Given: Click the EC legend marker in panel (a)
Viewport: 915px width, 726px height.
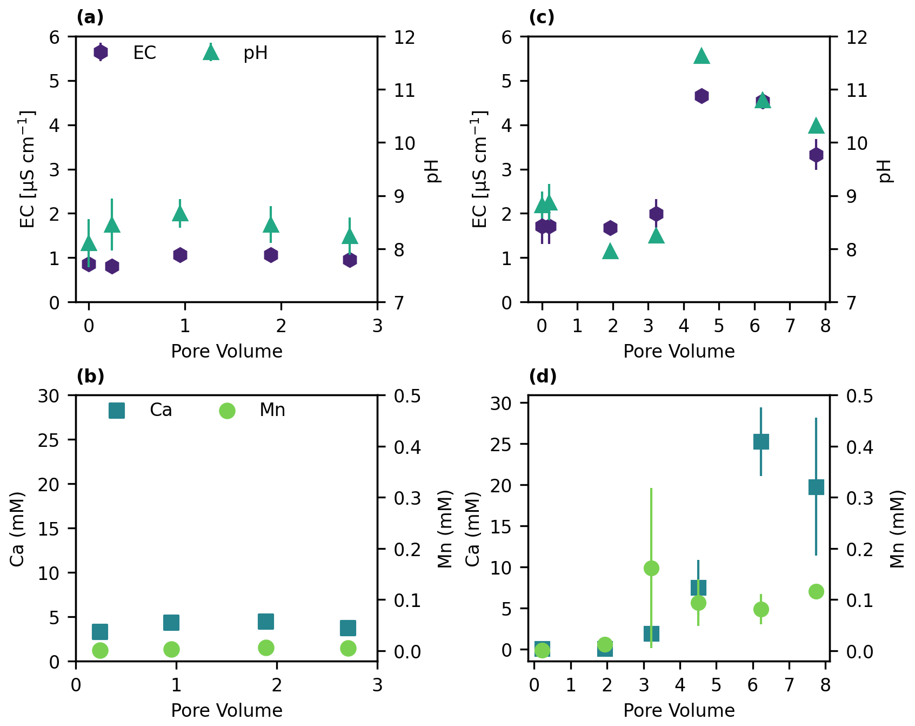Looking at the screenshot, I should (101, 52).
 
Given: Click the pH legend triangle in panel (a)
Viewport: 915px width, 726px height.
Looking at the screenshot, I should (211, 52).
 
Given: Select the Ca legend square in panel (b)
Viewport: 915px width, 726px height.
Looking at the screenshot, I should (117, 411).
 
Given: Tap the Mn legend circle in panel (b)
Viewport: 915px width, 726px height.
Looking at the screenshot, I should (227, 411).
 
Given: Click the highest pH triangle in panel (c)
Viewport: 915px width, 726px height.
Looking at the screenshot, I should (702, 56).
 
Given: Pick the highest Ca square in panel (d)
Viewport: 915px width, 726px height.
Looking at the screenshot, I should (761, 442).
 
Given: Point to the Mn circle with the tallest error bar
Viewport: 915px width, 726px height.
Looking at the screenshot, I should (651, 568).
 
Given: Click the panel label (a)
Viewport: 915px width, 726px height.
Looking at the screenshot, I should (90, 17).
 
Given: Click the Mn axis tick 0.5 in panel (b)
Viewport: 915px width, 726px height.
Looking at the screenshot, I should (408, 396).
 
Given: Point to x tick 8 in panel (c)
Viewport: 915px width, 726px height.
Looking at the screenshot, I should (825, 326).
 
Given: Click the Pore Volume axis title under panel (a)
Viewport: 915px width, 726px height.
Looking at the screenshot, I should (226, 352).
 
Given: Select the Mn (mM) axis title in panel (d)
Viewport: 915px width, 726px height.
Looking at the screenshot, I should (897, 529).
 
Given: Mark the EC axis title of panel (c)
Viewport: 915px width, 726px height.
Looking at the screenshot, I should (479, 169).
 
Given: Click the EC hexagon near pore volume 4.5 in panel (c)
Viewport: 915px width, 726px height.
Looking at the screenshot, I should (702, 96).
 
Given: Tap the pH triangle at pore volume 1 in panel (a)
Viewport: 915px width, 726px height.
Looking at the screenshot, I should (180, 214).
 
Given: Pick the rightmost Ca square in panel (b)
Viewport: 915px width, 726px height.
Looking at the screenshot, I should (348, 628).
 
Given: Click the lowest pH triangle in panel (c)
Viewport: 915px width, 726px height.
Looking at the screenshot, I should (611, 251).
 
